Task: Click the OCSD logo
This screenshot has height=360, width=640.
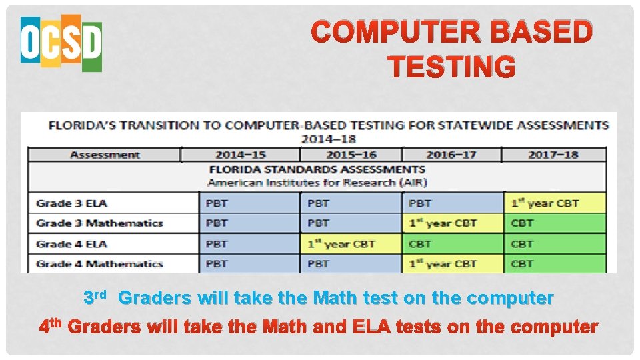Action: pos(61,44)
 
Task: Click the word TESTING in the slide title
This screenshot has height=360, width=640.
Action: pos(451,67)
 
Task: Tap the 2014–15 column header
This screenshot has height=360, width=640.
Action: pos(240,155)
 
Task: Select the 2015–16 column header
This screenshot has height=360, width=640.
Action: pos(351,155)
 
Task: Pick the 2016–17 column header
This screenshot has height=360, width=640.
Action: pos(451,155)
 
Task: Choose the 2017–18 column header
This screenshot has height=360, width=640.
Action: pos(553,155)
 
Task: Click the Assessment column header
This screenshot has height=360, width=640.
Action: pos(105,155)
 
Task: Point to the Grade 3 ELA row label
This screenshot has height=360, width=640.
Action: pos(71,203)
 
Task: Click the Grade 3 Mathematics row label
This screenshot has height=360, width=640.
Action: pos(99,223)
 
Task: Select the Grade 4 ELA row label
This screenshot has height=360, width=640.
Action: pos(71,244)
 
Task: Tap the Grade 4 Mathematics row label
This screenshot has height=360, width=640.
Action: pos(99,264)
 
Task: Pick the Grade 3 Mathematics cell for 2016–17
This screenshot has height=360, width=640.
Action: pos(453,223)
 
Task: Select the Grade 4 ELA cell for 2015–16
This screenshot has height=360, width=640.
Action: pos(351,244)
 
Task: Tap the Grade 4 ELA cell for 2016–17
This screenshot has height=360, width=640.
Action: pos(453,244)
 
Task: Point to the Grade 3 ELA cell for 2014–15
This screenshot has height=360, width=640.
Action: pos(249,203)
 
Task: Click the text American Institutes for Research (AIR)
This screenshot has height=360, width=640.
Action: pos(317,182)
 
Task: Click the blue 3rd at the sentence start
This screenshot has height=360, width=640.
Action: pos(94,297)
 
